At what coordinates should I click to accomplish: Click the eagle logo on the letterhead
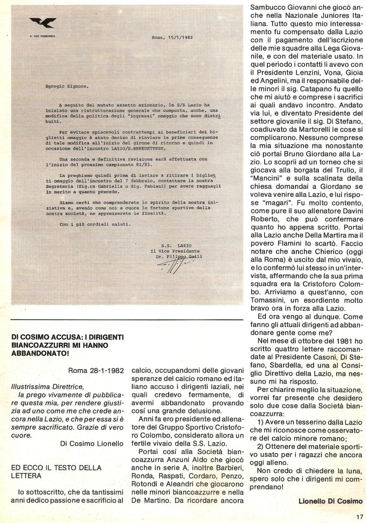43,23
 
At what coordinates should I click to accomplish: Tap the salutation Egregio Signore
67,86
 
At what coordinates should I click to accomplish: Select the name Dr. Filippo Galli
179,257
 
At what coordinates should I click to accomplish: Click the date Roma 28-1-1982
96,371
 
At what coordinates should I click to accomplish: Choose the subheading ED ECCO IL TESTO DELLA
56,467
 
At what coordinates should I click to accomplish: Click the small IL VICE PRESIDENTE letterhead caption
42,36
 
